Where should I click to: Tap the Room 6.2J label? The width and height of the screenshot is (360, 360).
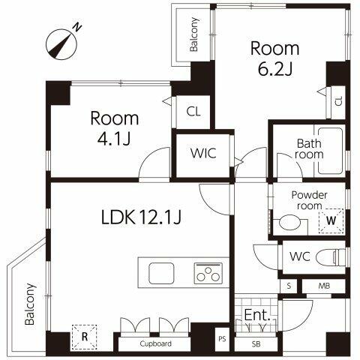tap(274, 58)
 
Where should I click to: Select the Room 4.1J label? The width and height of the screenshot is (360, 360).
tap(115, 128)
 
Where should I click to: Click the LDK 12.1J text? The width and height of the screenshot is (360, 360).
tap(142, 217)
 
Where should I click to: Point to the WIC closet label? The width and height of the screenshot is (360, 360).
tap(202, 153)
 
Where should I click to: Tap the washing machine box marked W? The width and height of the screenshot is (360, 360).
tap(331, 220)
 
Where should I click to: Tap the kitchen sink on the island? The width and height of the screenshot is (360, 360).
tap(161, 273)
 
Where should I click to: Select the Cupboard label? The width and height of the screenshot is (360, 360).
tap(155, 343)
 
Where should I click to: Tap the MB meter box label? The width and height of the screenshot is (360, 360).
tap(324, 286)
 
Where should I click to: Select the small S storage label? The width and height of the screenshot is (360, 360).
tap(289, 286)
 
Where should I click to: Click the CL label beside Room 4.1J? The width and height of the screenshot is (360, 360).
tap(193, 112)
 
